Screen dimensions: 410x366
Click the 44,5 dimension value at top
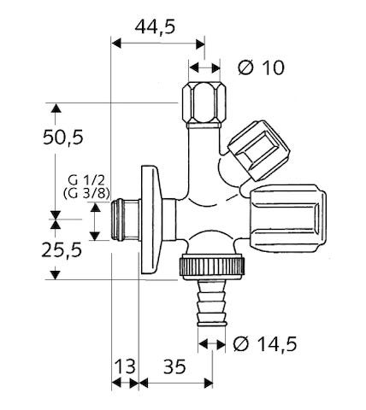pos(154,26)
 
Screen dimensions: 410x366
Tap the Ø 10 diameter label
pos(261,67)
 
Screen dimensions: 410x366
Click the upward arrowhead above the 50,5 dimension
pos(56,109)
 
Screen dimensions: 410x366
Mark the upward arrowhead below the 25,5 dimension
pos(56,273)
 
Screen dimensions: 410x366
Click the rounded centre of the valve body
pos(205,201)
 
